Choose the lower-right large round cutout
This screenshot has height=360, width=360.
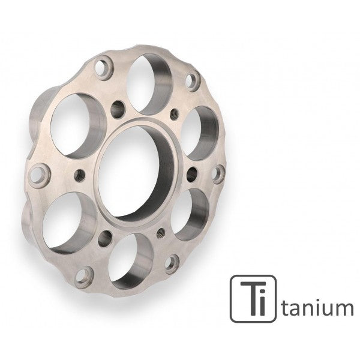191,214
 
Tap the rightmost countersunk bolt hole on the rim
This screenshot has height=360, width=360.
218,173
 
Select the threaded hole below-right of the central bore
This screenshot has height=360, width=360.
161,230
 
